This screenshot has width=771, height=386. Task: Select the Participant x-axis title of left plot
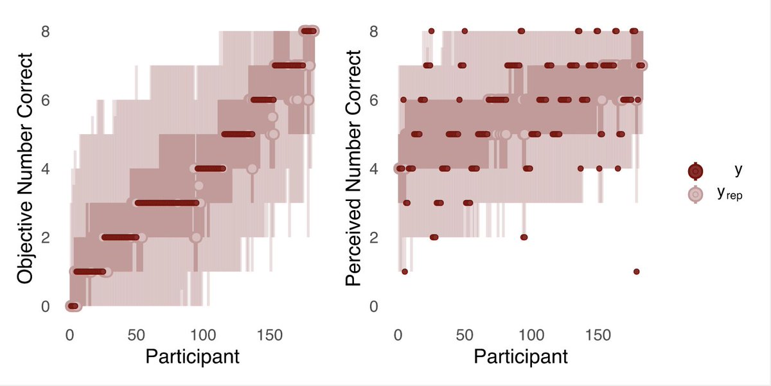point(192,357)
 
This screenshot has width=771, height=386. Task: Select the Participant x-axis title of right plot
point(520,357)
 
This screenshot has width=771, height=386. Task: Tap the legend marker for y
point(695,171)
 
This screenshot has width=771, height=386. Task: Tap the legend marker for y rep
point(695,193)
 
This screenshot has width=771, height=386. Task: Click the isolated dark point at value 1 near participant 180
point(636,272)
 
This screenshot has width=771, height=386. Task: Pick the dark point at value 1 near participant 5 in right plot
point(404,272)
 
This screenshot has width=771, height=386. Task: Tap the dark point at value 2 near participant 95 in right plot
point(524,237)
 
